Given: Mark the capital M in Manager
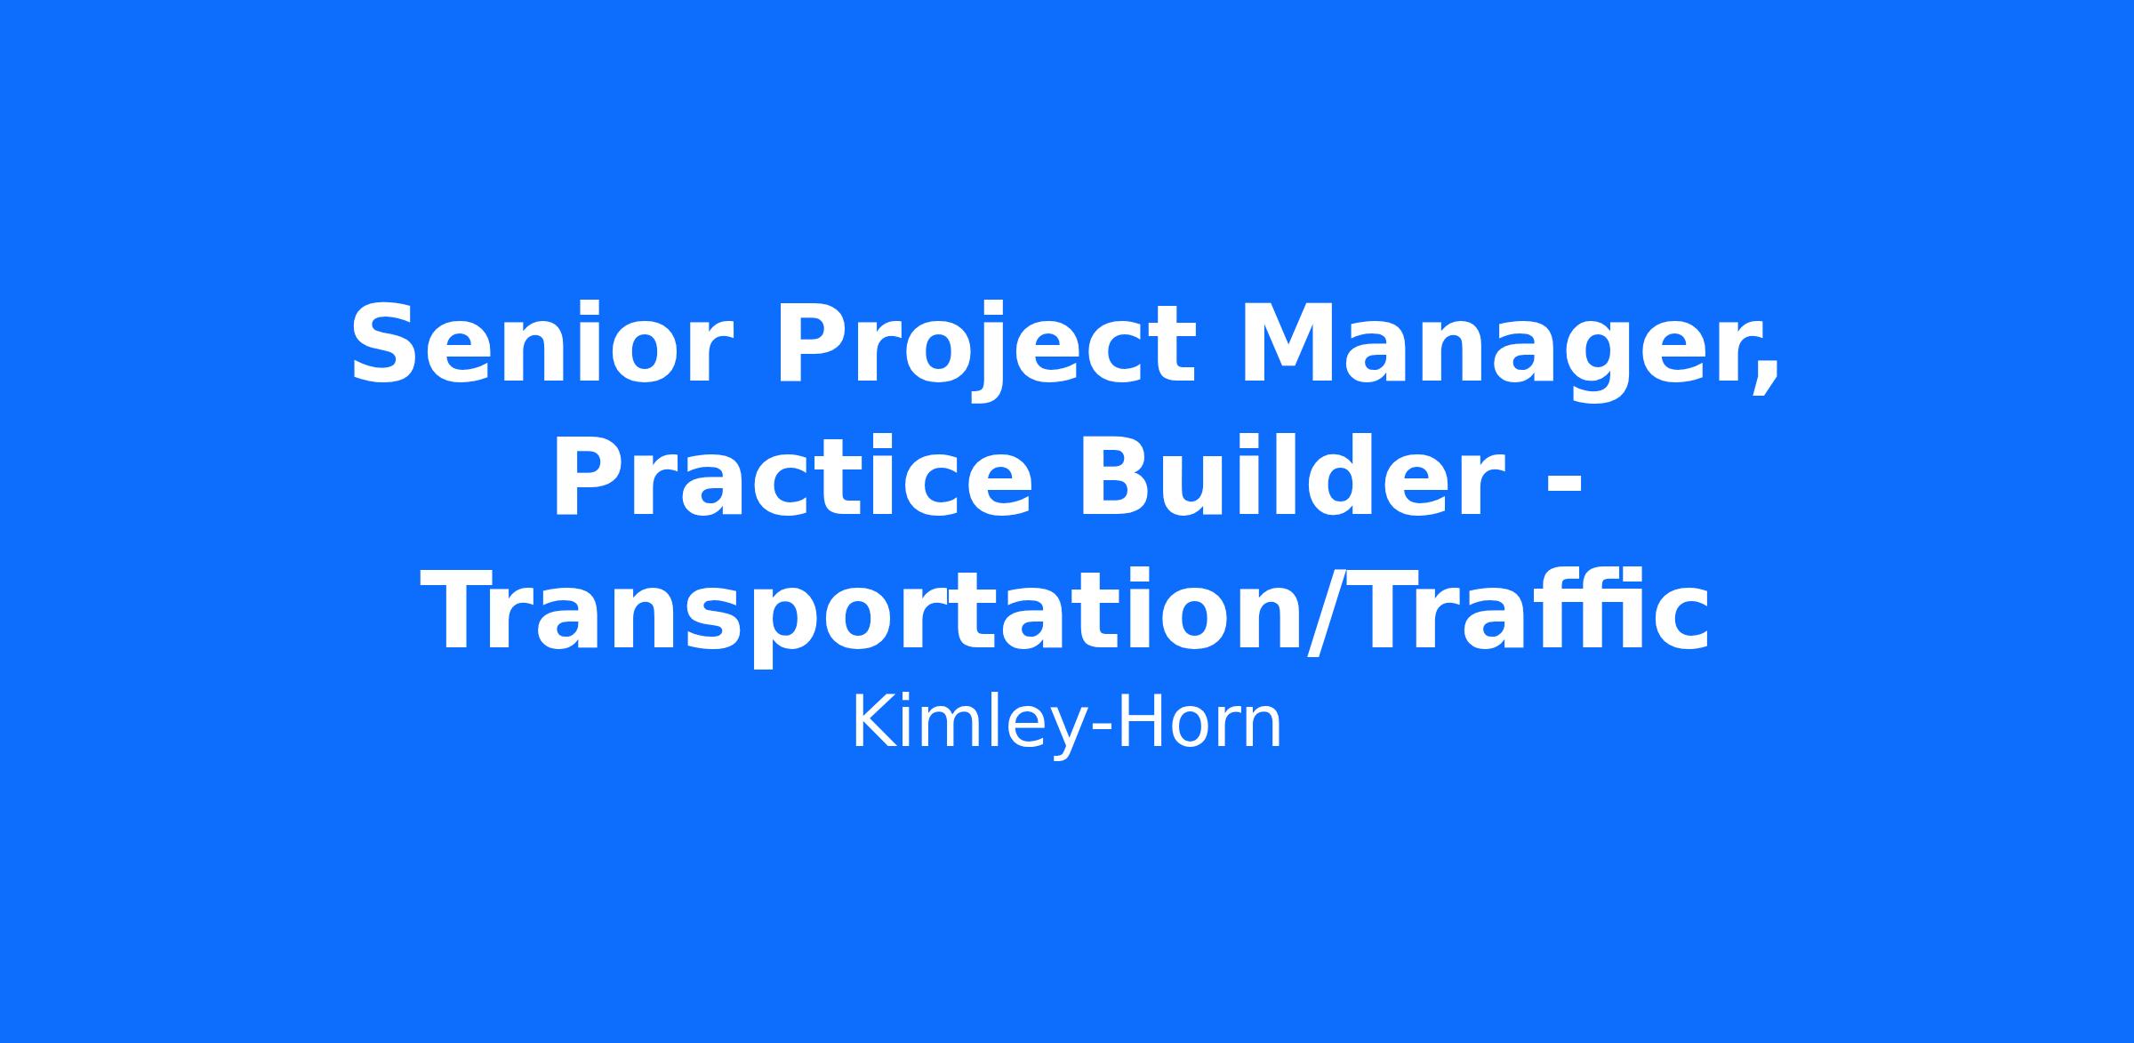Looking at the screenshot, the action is (1289, 344).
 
